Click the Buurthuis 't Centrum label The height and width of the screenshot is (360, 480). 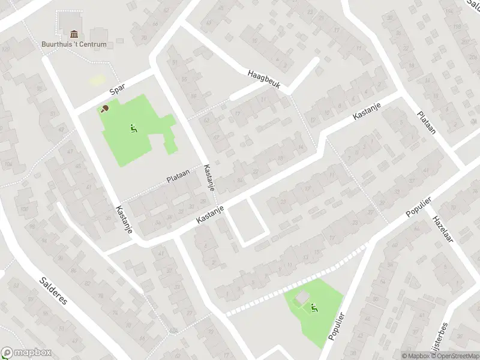(74, 44)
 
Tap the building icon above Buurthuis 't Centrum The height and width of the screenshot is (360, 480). (74, 34)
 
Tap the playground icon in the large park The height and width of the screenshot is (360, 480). (133, 127)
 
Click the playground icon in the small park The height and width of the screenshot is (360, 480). (314, 309)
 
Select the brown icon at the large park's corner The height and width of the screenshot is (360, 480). (105, 109)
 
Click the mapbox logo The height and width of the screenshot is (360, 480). (26, 353)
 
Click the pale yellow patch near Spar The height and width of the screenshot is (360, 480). (97, 80)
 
